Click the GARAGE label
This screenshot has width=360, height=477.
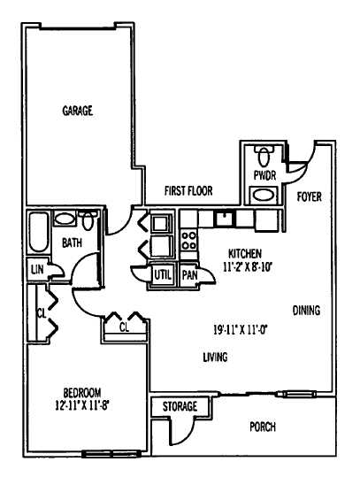tap(78, 111)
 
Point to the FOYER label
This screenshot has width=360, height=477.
tap(309, 196)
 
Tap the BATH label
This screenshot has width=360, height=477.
tap(73, 242)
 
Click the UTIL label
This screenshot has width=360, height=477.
tap(163, 275)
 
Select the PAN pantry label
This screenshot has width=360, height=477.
tap(189, 275)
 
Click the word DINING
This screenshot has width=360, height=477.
tap(305, 311)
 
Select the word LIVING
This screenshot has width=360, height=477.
tap(214, 358)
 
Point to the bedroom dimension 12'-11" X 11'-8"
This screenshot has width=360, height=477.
tap(81, 406)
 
